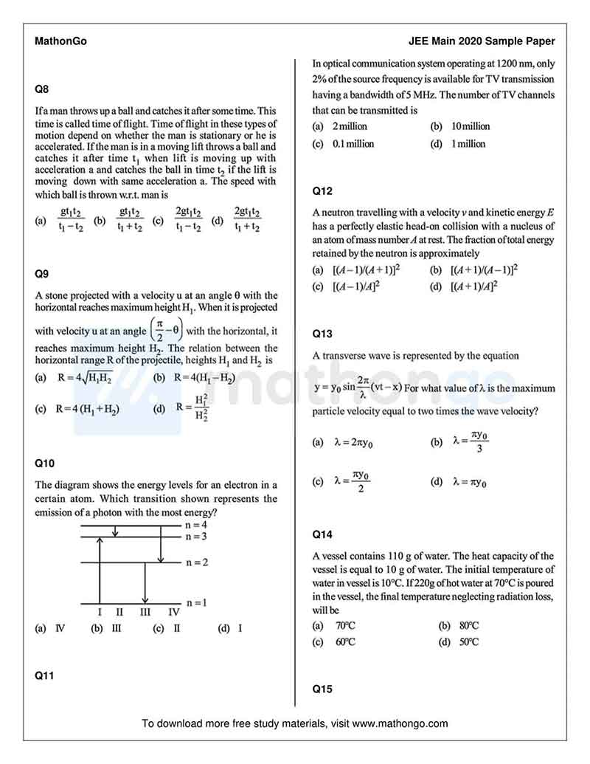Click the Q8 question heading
[x=42, y=89]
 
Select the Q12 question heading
[x=322, y=191]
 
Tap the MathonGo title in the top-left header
[x=60, y=41]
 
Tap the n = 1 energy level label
[x=196, y=602]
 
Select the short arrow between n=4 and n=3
[x=114, y=531]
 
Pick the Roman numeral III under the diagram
[x=145, y=611]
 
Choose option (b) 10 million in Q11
[x=460, y=126]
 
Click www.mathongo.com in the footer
[x=400, y=723]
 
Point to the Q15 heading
[x=322, y=689]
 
